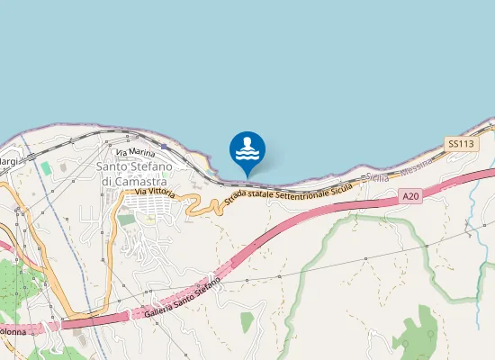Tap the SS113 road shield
pyautogui.click(x=460, y=143)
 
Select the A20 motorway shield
pyautogui.click(x=411, y=196)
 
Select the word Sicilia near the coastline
pyautogui.click(x=377, y=178)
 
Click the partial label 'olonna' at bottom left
pyautogui.click(x=13, y=331)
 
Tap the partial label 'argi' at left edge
pyautogui.click(x=8, y=161)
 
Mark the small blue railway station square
pyautogui.click(x=165, y=144)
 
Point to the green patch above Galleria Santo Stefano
pyautogui.click(x=247, y=321)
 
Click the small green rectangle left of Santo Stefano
pyautogui.click(x=46, y=168)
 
